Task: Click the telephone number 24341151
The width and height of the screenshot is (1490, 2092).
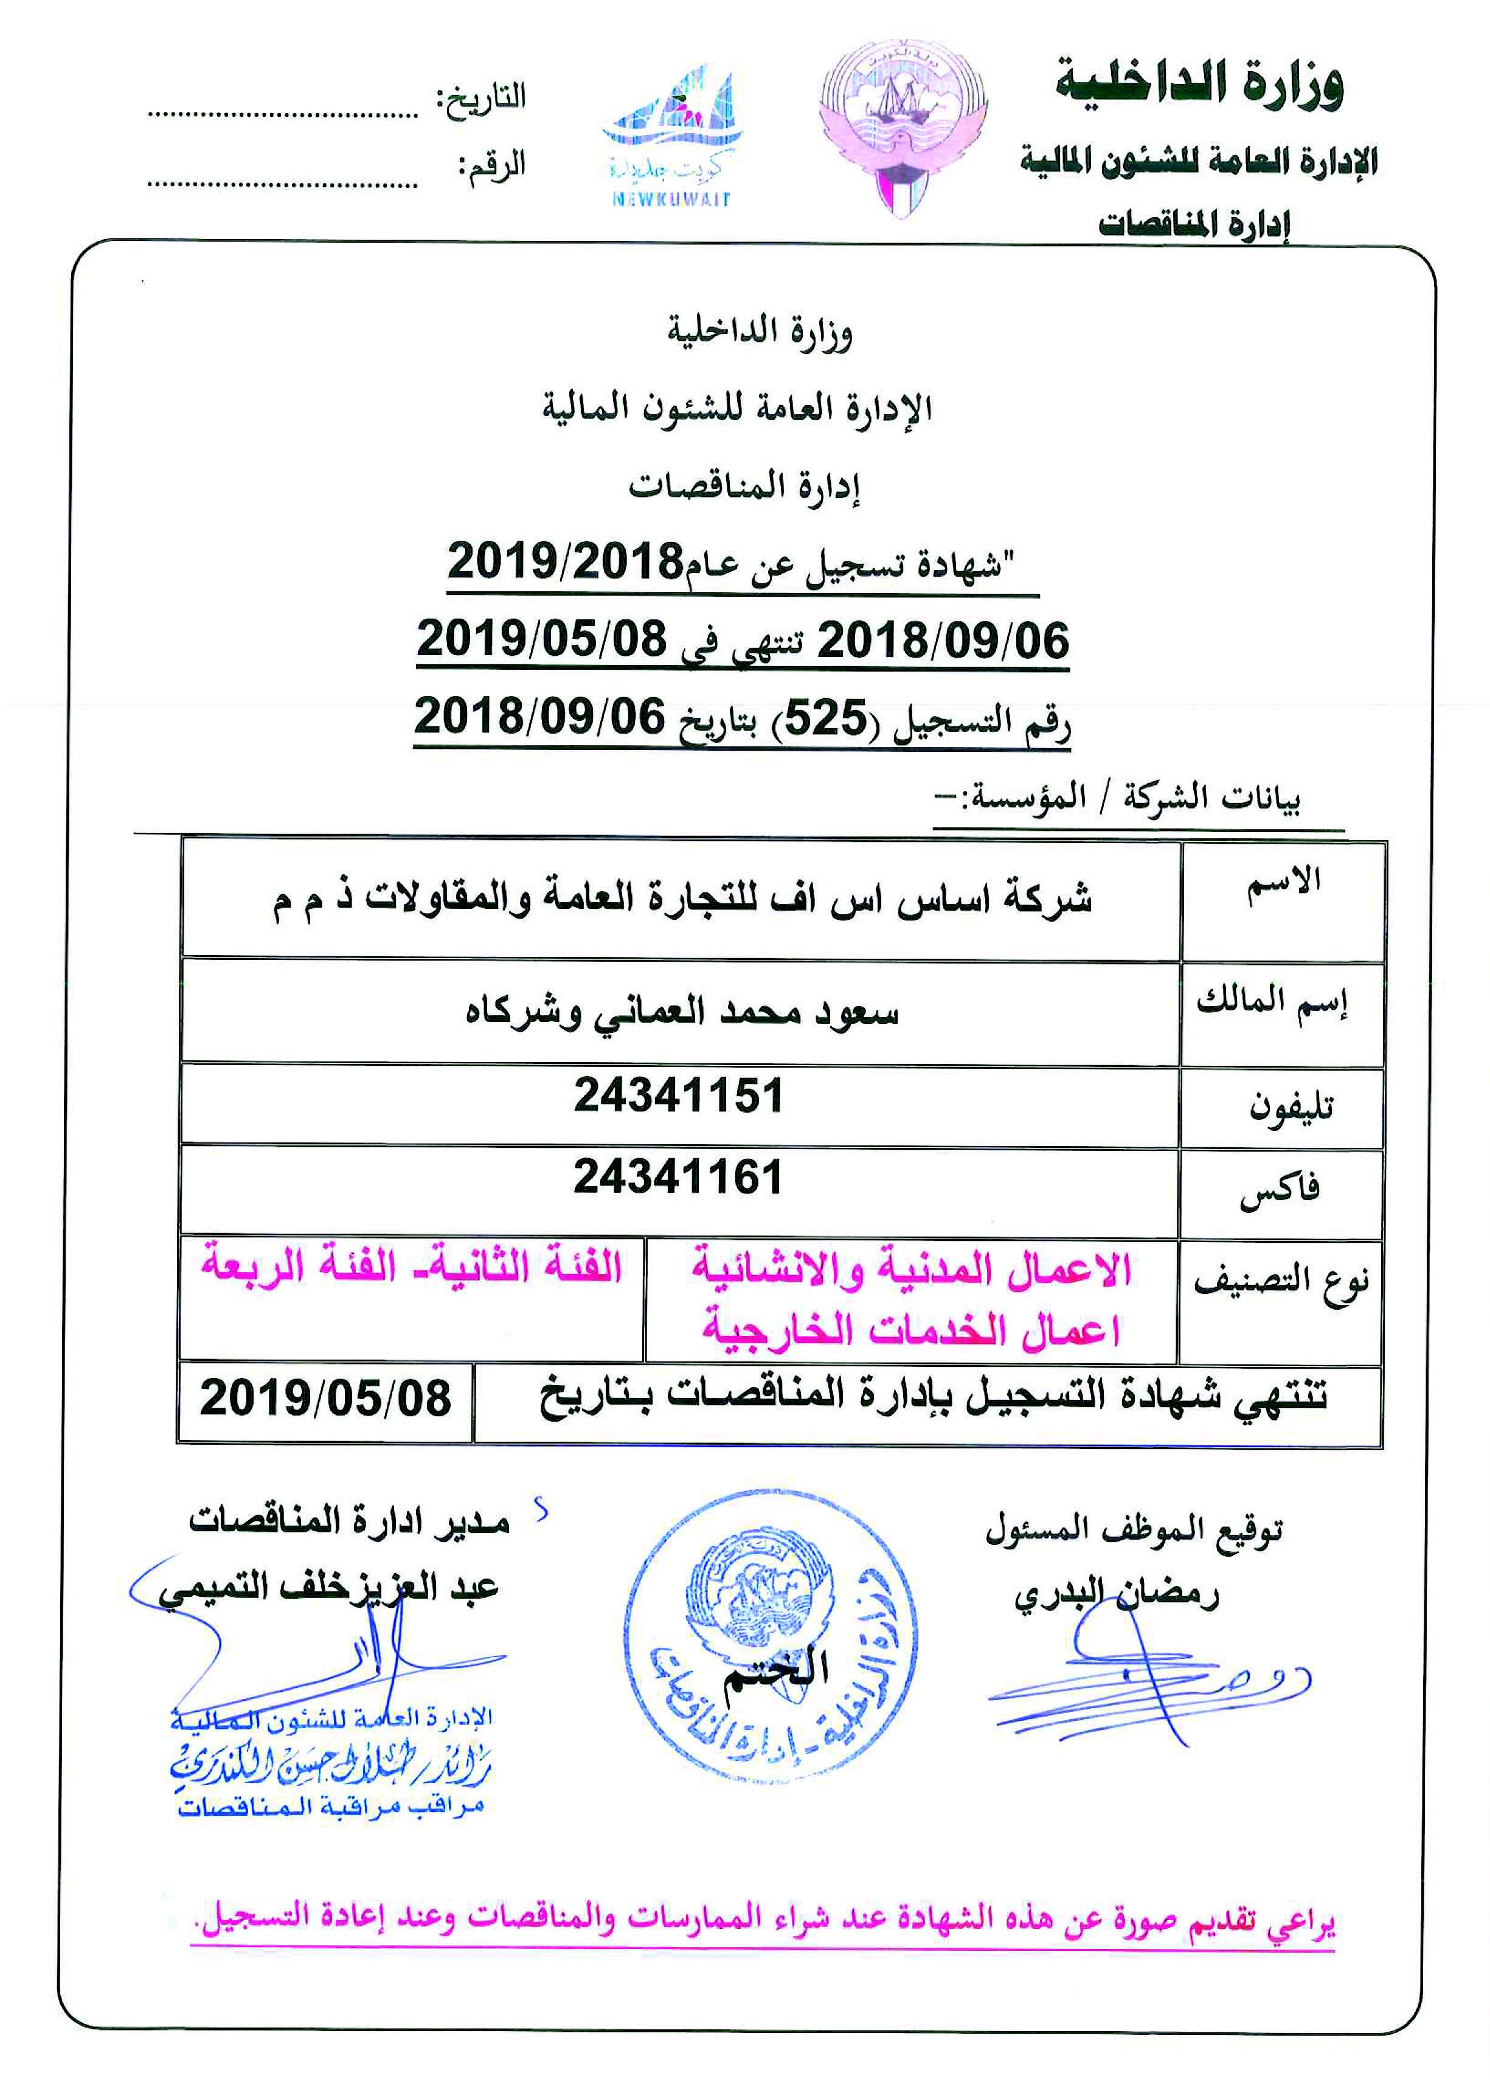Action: tap(678, 1096)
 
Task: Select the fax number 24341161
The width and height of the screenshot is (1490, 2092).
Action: tap(678, 1177)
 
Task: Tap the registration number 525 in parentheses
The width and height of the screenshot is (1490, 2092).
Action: tap(825, 718)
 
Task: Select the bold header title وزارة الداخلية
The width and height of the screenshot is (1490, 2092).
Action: tap(1199, 83)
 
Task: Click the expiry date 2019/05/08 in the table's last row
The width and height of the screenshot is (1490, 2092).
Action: tap(326, 1399)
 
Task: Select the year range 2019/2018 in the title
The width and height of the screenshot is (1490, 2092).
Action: tap(565, 561)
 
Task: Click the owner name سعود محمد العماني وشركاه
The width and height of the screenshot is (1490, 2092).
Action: tap(681, 1013)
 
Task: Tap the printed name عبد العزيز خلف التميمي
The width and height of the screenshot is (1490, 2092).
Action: tap(328, 1589)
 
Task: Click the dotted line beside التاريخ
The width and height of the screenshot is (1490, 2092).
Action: tap(283, 116)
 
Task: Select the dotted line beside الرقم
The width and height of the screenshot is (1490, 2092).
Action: tap(283, 184)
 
